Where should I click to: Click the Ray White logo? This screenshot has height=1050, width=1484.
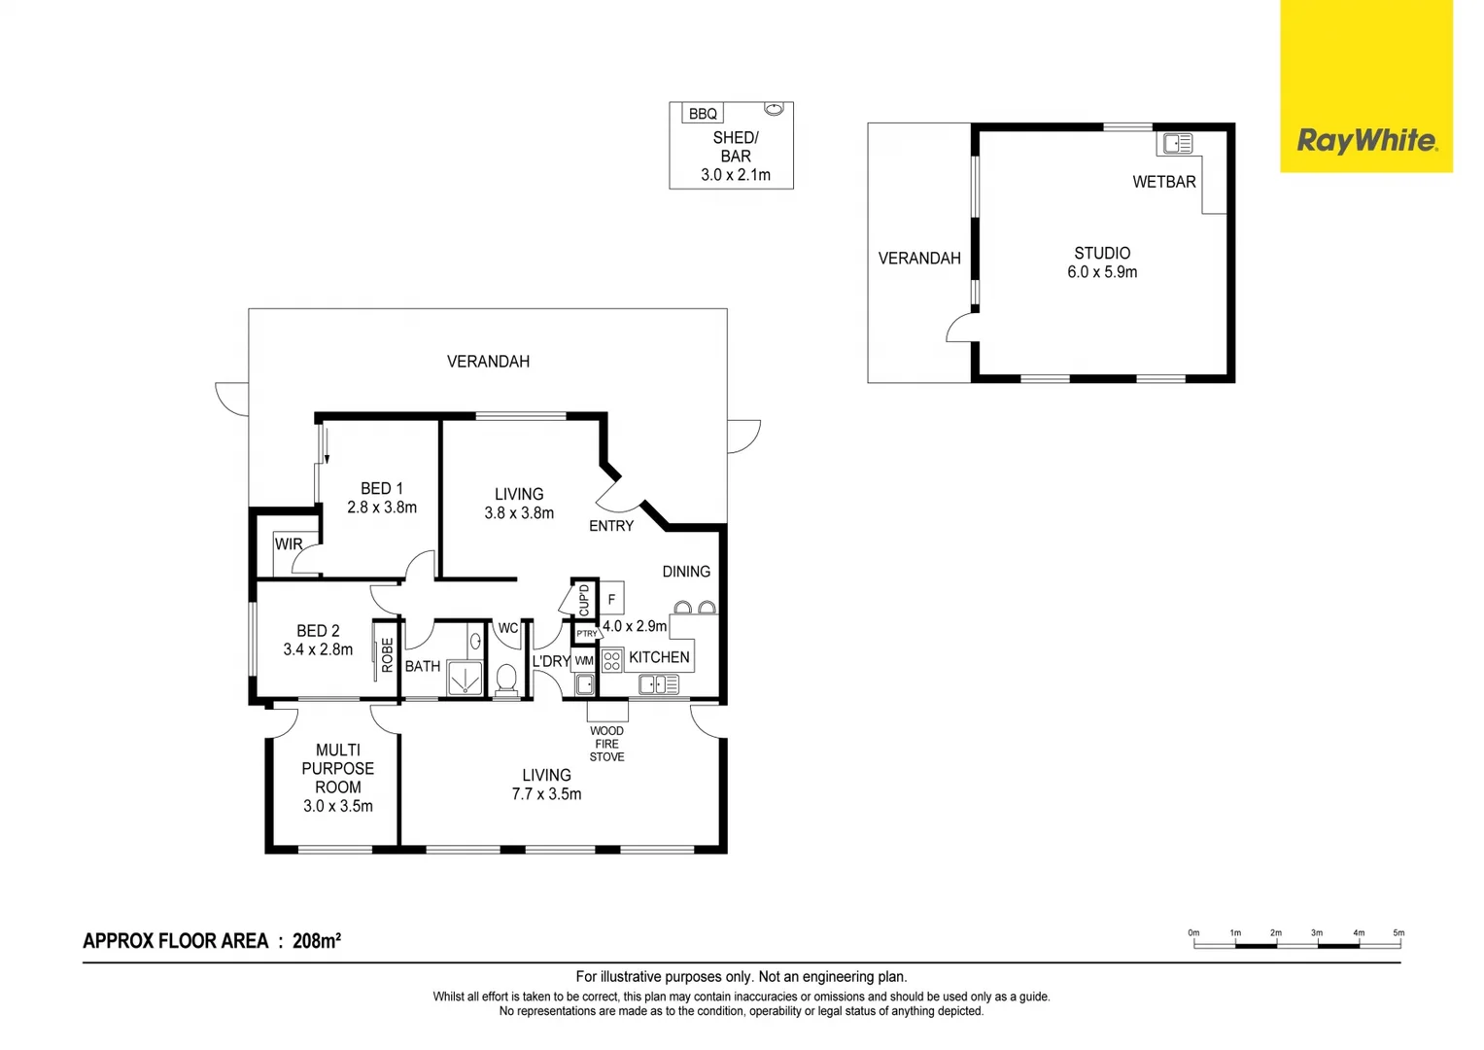(1365, 141)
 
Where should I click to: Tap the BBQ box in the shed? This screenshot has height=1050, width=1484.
(702, 114)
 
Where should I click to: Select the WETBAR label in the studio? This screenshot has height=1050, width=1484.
(1163, 182)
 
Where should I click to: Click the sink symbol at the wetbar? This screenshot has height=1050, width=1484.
(1177, 144)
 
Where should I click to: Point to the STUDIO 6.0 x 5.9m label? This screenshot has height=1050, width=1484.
(1102, 262)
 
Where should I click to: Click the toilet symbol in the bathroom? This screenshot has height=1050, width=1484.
(506, 677)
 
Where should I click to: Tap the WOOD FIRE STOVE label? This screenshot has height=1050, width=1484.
(606, 744)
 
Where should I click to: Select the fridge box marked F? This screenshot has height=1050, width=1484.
(611, 599)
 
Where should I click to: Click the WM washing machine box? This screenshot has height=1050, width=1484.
(583, 661)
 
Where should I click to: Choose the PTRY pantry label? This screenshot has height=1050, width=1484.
(586, 634)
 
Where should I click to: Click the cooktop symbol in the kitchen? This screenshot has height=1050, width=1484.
(611, 661)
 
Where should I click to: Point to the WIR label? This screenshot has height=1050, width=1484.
(288, 544)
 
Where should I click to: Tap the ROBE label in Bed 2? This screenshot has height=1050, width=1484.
(387, 654)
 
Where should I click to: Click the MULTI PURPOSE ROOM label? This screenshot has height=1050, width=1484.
(337, 778)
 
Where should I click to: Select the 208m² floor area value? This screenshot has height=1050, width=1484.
(316, 940)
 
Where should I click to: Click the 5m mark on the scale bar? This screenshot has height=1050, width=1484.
(1398, 933)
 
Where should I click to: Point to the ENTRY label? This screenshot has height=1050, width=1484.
(610, 526)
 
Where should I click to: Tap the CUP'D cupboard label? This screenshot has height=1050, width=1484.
(583, 599)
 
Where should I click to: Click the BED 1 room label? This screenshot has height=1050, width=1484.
(381, 498)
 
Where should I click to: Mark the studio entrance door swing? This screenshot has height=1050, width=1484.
(960, 328)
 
